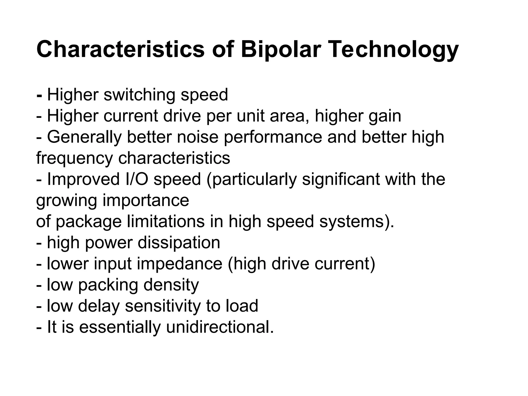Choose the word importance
(146, 200)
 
